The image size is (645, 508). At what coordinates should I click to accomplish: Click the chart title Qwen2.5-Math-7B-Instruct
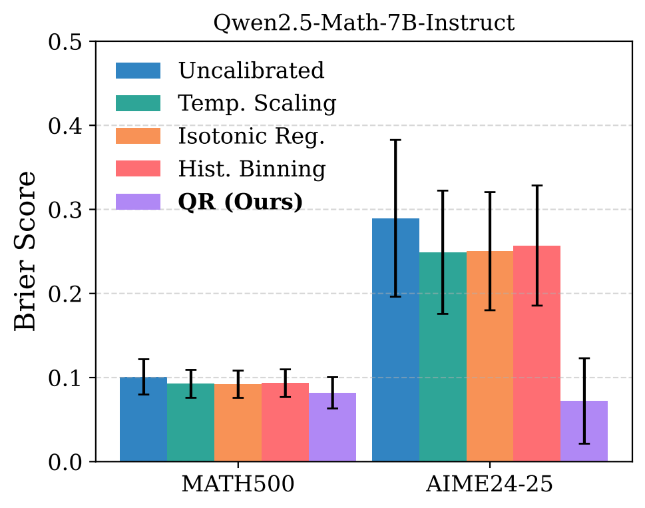(x=363, y=23)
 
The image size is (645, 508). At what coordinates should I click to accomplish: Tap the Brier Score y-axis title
(x=26, y=250)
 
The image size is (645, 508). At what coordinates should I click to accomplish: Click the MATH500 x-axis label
(x=238, y=485)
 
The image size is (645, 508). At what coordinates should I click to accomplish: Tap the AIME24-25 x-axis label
(x=489, y=485)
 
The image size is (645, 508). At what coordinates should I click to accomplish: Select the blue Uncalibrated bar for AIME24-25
(x=395, y=340)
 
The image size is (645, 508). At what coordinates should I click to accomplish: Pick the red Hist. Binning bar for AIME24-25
(x=537, y=353)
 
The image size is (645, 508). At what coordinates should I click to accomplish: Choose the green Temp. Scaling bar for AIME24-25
(x=443, y=356)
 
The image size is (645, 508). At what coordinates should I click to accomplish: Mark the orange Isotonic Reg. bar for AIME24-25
(x=490, y=356)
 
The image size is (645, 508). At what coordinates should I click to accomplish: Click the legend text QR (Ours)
(x=240, y=202)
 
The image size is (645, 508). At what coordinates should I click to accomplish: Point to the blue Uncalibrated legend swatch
(x=138, y=71)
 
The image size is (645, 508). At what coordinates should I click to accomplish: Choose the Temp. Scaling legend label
(x=257, y=103)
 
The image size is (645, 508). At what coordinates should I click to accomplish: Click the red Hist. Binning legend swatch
(x=138, y=169)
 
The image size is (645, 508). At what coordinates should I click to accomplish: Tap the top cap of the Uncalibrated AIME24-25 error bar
(x=395, y=140)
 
